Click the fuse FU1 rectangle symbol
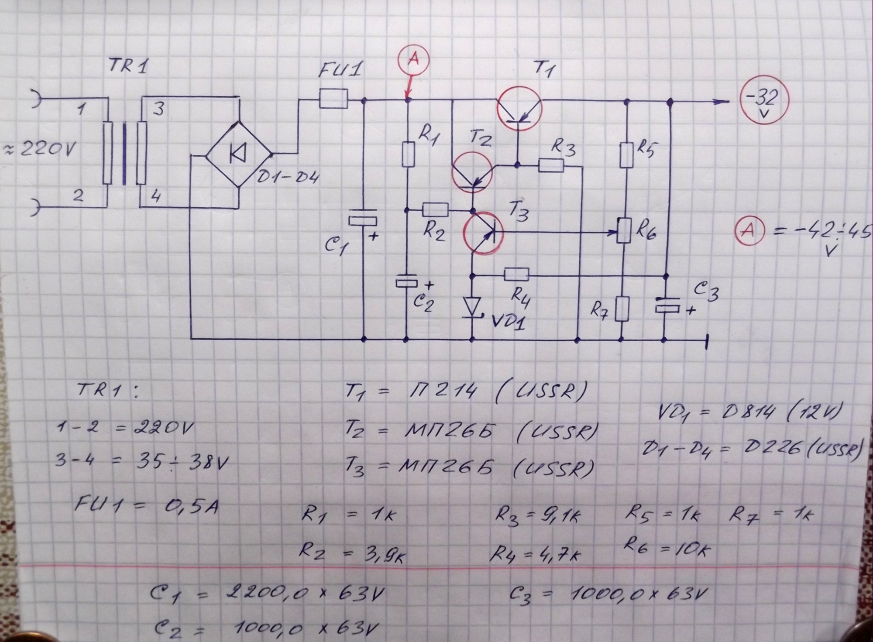(x=333, y=98)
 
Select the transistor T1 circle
(x=519, y=109)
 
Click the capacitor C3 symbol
(x=667, y=305)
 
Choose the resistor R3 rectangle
(x=551, y=165)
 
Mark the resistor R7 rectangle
(x=623, y=309)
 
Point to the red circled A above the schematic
(x=413, y=59)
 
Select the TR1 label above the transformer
(x=128, y=66)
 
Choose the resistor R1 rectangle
(x=408, y=154)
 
